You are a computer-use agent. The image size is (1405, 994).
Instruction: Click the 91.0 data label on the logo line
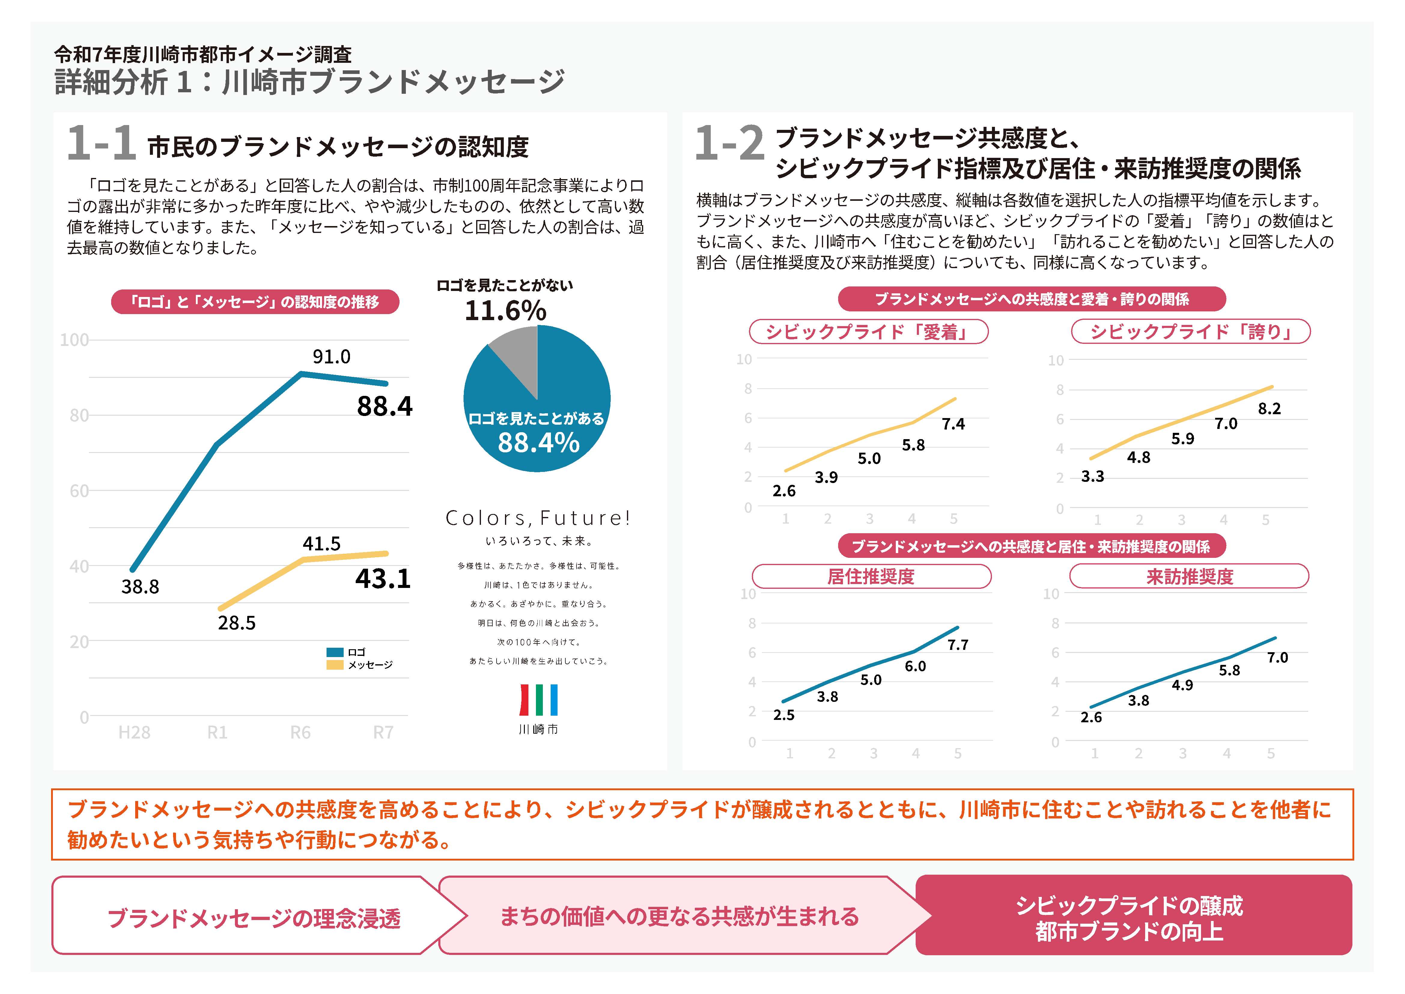point(331,356)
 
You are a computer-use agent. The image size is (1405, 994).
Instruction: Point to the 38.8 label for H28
point(140,587)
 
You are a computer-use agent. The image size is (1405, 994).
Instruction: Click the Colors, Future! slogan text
point(537,518)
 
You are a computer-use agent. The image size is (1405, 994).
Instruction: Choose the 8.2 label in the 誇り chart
point(1269,408)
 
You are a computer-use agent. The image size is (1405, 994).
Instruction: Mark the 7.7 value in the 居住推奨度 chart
point(958,644)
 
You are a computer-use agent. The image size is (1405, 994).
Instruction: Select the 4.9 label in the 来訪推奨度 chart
point(1182,685)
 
